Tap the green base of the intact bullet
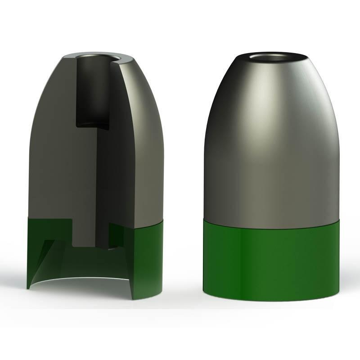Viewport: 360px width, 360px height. click(270, 261)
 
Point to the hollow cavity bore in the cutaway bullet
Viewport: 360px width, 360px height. click(92, 90)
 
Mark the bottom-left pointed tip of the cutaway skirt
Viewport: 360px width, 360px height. click(28, 287)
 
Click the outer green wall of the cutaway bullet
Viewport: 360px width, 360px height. click(148, 261)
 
